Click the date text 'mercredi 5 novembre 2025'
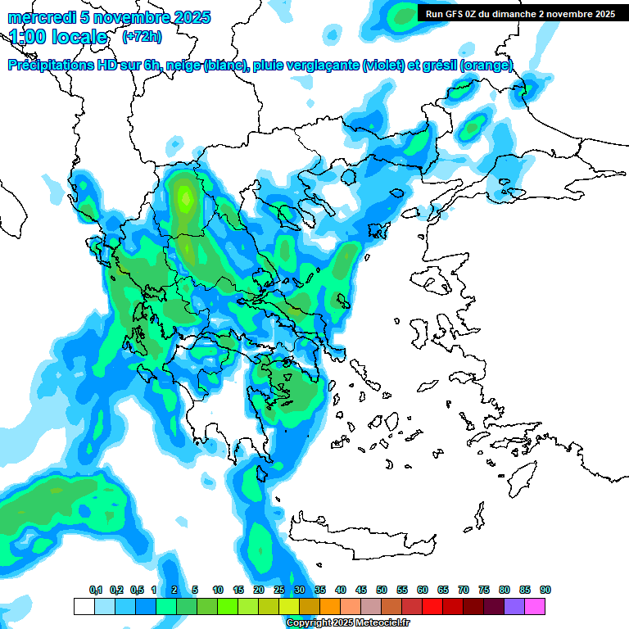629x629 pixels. pos(109,17)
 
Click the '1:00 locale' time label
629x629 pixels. pos(58,37)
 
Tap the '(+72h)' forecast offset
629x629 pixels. pos(142,37)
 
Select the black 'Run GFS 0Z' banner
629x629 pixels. pos(520,14)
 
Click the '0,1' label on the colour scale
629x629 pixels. pos(96,591)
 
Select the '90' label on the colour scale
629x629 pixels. pos(545,591)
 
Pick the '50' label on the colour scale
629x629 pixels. pos(382,591)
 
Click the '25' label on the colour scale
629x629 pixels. pos(279,591)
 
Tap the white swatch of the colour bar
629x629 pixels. pos(84,606)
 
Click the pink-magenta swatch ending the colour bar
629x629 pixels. pos(535,606)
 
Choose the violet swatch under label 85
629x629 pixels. pos(514,606)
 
